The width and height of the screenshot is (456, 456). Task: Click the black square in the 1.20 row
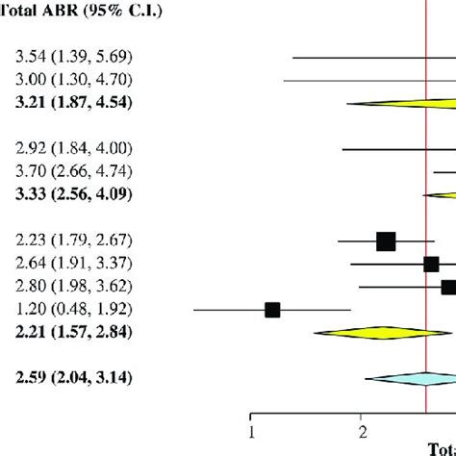click(272, 310)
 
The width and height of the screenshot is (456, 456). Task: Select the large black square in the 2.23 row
click(386, 241)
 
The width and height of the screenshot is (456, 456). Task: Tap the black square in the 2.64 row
click(431, 264)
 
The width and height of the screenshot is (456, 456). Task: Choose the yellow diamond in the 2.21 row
click(370, 333)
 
